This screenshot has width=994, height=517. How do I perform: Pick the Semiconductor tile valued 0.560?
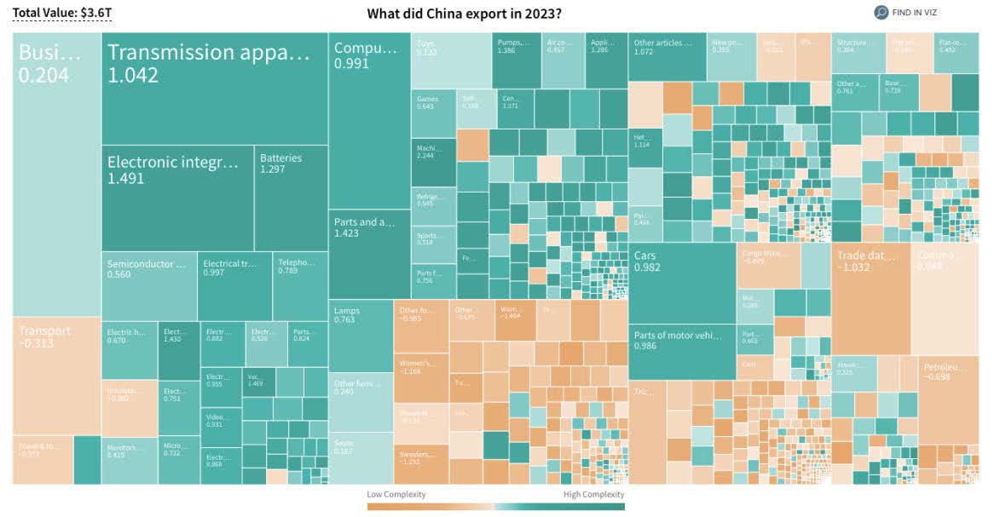[x=149, y=285]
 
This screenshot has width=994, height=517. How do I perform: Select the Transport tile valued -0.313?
[x=56, y=375]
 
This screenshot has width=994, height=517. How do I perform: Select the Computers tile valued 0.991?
[x=369, y=119]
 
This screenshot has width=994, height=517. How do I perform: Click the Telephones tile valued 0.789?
[x=300, y=285]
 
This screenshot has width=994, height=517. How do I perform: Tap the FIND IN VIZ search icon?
[x=881, y=13]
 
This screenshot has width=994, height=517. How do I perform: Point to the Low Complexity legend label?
[x=396, y=494]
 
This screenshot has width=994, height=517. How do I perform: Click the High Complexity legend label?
[x=593, y=494]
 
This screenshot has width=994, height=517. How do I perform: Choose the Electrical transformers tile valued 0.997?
[x=234, y=285]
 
